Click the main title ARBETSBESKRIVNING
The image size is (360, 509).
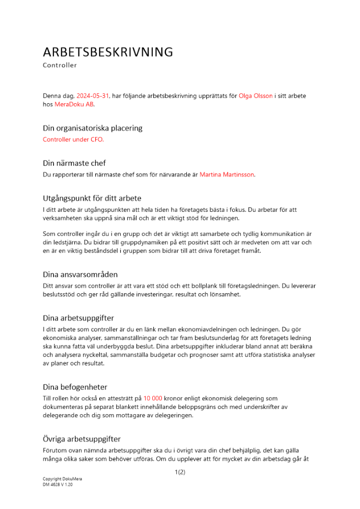[108, 52]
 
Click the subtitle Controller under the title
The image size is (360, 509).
[60, 65]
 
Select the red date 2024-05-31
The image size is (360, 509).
[93, 96]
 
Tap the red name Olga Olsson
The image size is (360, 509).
[256, 96]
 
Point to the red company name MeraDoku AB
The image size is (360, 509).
[74, 104]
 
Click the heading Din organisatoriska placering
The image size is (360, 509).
[93, 128]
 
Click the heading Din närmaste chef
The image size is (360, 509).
[74, 163]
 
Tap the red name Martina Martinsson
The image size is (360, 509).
[227, 175]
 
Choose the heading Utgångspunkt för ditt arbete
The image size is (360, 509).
[92, 198]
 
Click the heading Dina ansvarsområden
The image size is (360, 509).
[80, 274]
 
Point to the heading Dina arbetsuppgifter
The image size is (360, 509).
[78, 318]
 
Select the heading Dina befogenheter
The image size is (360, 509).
[75, 387]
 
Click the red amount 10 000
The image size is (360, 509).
[153, 399]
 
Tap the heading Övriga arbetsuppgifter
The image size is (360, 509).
[81, 439]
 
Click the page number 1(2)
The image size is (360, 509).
[180, 472]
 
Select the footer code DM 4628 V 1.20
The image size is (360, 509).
[58, 485]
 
